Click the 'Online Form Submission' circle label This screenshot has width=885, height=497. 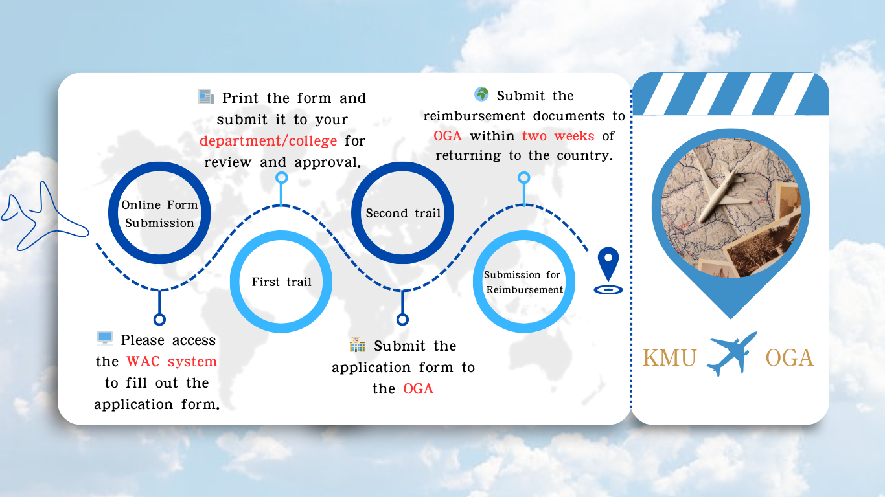pyautogui.click(x=159, y=214)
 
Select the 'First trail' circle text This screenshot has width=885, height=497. pyautogui.click(x=281, y=282)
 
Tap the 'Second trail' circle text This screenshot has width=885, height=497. pyautogui.click(x=402, y=213)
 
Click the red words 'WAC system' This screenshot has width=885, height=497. pyautogui.click(x=172, y=362)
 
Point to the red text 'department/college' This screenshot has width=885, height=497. pyautogui.click(x=268, y=141)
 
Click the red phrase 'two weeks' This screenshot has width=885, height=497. pyautogui.click(x=558, y=136)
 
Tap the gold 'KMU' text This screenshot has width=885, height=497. pyautogui.click(x=669, y=358)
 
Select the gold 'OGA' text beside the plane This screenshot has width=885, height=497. pyautogui.click(x=789, y=358)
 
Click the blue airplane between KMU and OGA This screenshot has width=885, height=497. pyautogui.click(x=731, y=354)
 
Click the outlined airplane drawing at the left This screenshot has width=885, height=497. pyautogui.click(x=44, y=217)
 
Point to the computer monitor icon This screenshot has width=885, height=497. pyautogui.click(x=105, y=338)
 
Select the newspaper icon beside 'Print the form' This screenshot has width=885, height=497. pyautogui.click(x=206, y=96)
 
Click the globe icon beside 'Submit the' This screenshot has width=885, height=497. pyautogui.click(x=481, y=94)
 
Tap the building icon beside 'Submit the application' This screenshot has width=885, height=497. pyautogui.click(x=358, y=344)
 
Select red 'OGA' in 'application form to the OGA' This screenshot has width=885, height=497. pyautogui.click(x=418, y=389)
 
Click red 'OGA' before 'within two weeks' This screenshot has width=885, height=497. pyautogui.click(x=448, y=136)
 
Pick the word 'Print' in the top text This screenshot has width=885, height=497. pyautogui.click(x=240, y=98)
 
